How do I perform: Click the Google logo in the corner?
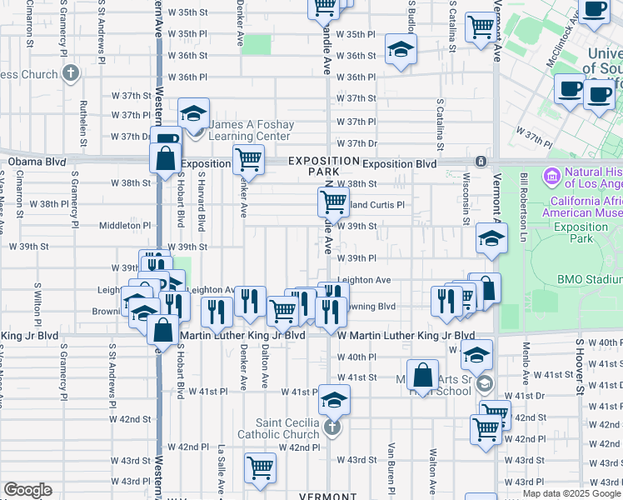(27, 490)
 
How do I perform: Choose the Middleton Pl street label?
(126, 225)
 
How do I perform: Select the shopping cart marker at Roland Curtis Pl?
(333, 200)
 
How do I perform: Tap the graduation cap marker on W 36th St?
(401, 49)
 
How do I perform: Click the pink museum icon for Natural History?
(551, 177)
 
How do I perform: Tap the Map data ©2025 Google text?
(571, 493)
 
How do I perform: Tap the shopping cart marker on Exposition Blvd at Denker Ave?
(248, 158)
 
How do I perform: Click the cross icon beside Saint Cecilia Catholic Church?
(331, 428)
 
